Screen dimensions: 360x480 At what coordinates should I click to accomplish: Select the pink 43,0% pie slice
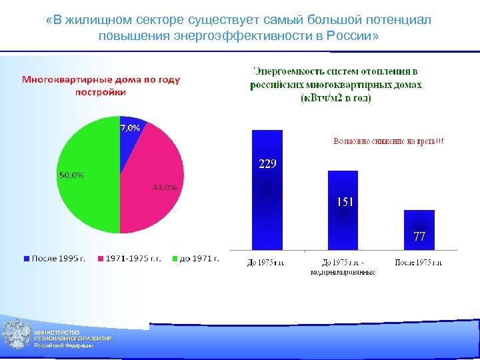[153, 193]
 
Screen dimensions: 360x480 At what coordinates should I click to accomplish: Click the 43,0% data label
[165, 187]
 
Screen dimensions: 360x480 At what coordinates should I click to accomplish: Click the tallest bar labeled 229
[267, 193]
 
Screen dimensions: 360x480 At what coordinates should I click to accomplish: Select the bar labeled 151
[343, 213]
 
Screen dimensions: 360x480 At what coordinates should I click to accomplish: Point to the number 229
[267, 165]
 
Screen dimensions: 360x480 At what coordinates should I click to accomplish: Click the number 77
[419, 237]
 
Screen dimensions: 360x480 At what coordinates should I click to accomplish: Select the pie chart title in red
[101, 86]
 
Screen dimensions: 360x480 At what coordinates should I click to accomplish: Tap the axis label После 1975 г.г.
[419, 263]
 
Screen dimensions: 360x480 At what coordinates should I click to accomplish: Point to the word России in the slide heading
[353, 35]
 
